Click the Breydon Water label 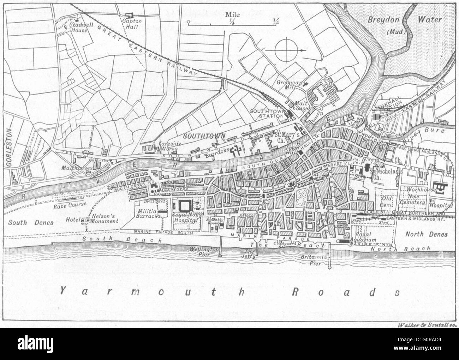click(404, 20)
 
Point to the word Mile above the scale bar click(233, 14)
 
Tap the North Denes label click(425, 234)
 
